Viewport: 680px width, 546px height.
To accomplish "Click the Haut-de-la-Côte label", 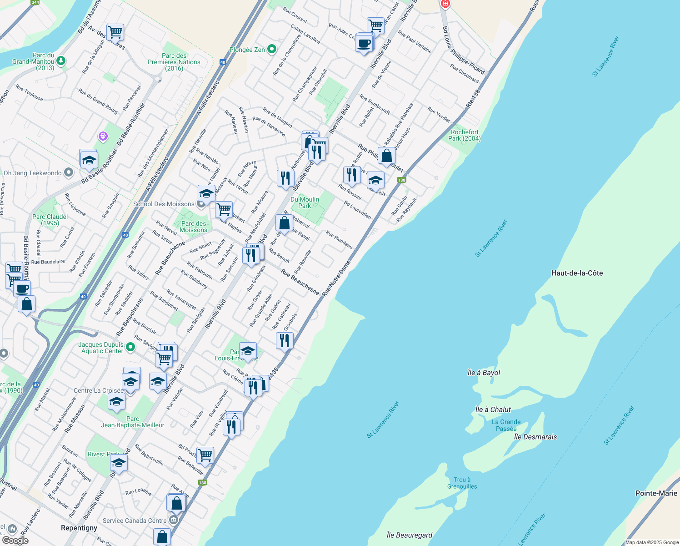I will tap(577, 273).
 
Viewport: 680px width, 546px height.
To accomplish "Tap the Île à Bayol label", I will tap(484, 373).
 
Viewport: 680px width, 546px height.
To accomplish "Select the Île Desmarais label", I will tap(535, 437).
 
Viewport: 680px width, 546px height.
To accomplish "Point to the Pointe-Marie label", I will tap(656, 493).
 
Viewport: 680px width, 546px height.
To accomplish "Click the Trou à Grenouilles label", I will tap(462, 483).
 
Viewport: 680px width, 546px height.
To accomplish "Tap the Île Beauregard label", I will tap(409, 535).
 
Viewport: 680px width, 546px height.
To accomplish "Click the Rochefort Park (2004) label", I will tap(464, 135).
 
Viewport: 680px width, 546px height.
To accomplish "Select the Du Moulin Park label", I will tap(305, 202).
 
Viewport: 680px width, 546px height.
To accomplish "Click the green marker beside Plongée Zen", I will tap(272, 49).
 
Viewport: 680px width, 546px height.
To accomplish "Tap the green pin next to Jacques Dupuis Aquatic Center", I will tap(130, 348).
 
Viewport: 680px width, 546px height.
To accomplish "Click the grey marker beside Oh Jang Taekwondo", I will tap(69, 172).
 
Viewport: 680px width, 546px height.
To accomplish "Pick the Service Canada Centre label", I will tap(135, 521).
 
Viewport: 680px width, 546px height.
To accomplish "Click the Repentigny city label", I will tap(79, 528).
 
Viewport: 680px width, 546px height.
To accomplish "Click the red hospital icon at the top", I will tap(445, 4).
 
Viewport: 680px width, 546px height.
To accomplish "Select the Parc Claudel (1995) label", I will tap(50, 220).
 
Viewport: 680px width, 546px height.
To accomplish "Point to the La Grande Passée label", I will tap(506, 425).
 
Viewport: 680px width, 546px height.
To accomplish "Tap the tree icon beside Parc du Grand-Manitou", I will tap(61, 61).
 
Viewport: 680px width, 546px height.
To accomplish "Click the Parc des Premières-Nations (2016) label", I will tap(174, 62).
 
